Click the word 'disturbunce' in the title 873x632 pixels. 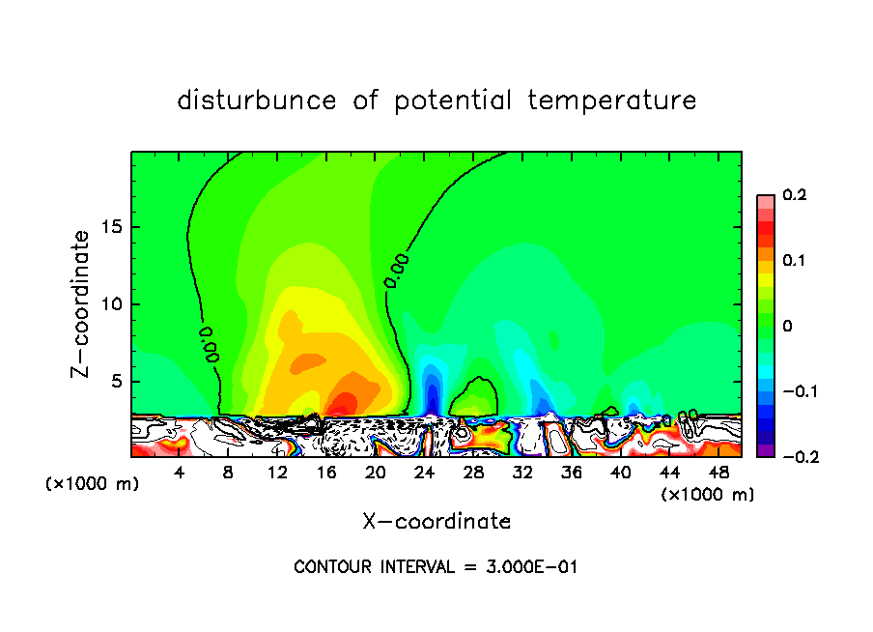[x=256, y=101]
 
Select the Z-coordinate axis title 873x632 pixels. [x=83, y=303]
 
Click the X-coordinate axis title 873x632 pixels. [x=436, y=522]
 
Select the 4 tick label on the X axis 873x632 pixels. [x=180, y=473]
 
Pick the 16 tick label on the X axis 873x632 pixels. [x=326, y=473]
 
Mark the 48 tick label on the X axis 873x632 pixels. [x=718, y=473]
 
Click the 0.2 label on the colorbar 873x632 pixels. [x=793, y=195]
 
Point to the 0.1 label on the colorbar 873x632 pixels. [x=793, y=261]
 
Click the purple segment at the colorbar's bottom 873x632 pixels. [x=765, y=450]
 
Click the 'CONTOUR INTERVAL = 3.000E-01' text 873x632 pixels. [x=436, y=567]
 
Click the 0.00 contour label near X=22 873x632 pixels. [x=396, y=270]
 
